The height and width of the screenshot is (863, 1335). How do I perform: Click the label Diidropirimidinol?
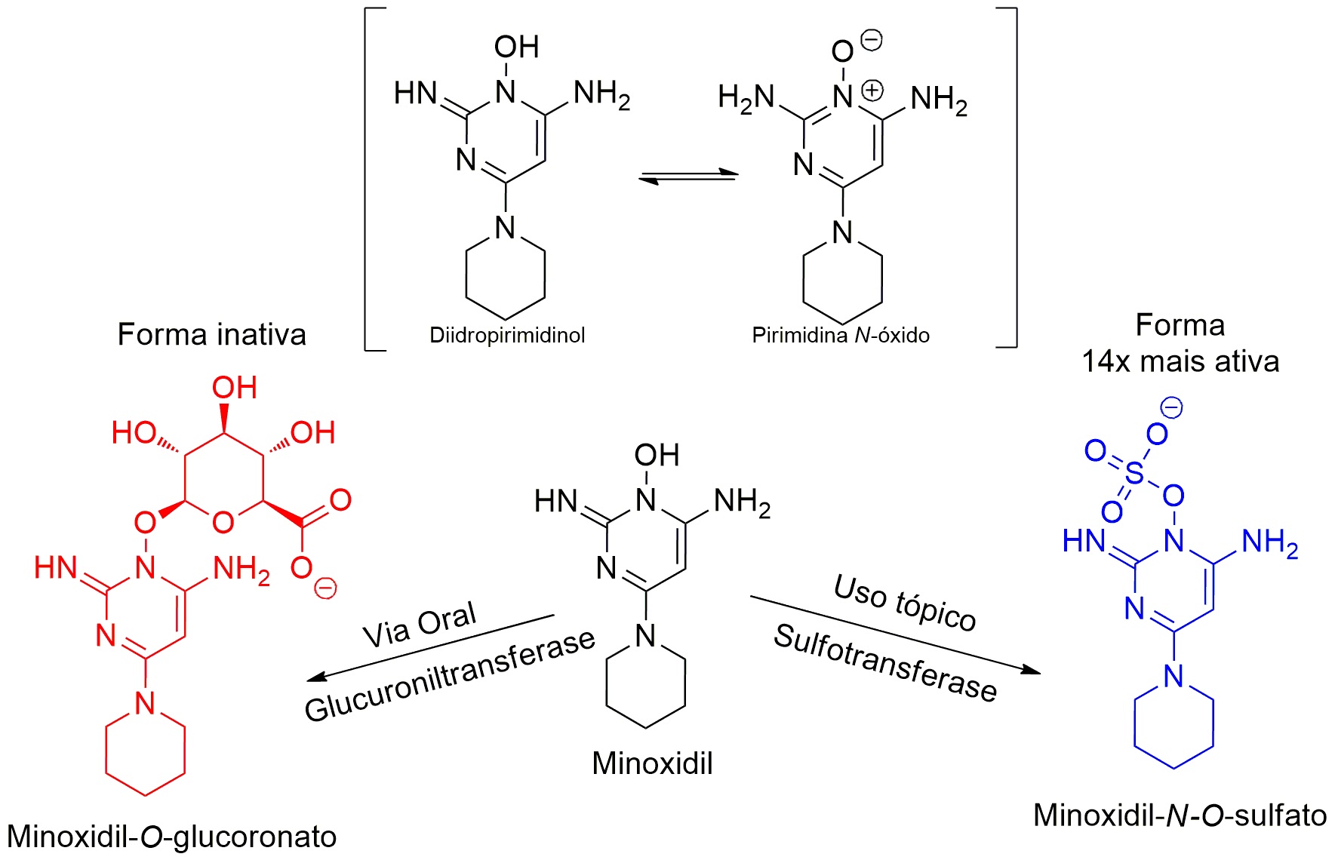coord(507,336)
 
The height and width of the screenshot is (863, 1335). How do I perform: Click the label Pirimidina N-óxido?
coord(840,336)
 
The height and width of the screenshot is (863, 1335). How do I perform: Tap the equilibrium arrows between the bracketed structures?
coord(688,177)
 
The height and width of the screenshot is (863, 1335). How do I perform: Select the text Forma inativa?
coord(212,334)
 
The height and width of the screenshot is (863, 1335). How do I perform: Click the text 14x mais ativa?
coord(1180,361)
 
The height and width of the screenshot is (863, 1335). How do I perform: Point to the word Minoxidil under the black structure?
coord(652,763)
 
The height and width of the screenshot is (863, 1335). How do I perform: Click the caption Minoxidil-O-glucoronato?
coord(172,837)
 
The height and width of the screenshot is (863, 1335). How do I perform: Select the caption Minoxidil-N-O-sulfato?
coord(1180,815)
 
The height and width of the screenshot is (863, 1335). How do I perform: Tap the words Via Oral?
coord(420,625)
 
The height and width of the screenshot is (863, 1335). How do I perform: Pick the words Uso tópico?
coord(905,602)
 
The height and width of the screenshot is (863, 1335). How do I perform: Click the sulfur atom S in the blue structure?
coord(1134,473)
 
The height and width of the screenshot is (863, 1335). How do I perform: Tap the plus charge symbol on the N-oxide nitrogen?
coord(872,91)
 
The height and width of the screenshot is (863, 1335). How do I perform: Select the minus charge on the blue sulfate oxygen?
coord(1171,408)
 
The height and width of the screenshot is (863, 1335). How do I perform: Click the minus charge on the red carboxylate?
coord(325,588)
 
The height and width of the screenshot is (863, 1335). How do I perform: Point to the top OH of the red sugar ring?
coord(234,388)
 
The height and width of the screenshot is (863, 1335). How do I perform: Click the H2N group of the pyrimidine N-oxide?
coord(746,98)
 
